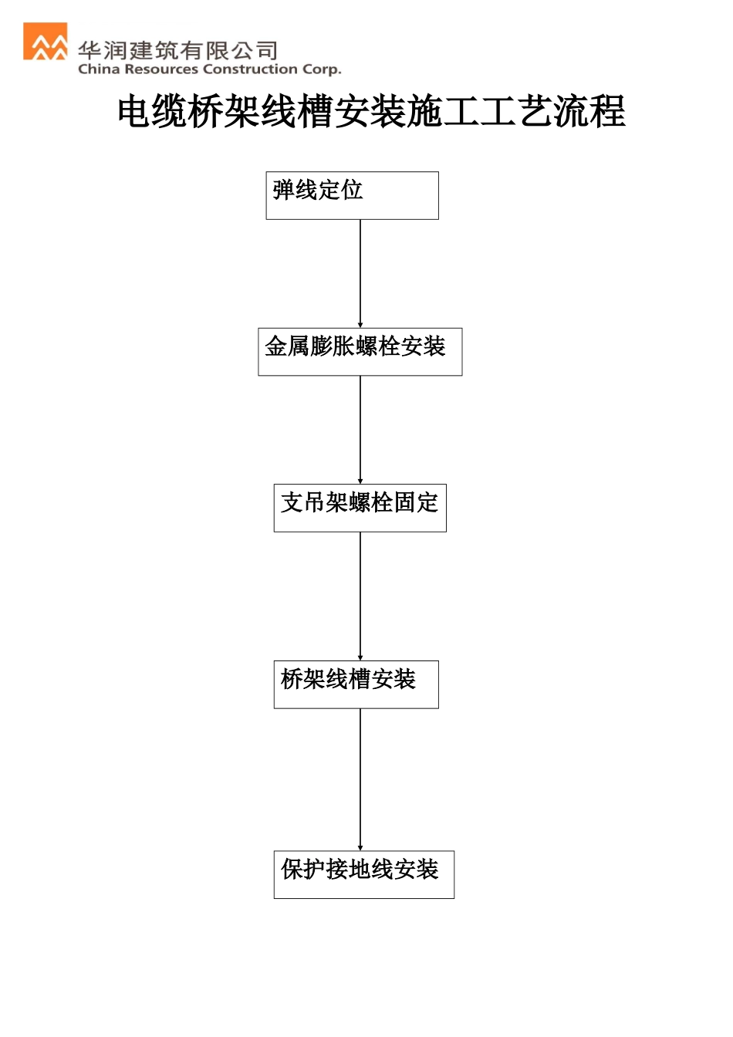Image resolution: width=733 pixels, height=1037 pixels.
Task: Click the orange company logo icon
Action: [46, 42]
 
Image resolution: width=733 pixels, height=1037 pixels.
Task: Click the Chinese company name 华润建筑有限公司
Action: [178, 51]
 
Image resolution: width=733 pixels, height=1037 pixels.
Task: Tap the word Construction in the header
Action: [250, 69]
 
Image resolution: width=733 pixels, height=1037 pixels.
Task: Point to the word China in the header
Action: [99, 69]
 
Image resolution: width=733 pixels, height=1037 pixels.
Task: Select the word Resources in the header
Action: [161, 69]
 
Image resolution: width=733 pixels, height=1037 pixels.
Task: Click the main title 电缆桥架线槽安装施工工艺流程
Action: [371, 111]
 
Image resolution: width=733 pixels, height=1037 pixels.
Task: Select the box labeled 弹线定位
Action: [352, 195]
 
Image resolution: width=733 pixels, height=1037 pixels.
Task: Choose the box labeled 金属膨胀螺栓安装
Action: [360, 352]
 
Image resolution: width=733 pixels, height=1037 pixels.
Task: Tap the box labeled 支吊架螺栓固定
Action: [360, 508]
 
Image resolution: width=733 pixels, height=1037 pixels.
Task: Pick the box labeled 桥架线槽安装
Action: [356, 684]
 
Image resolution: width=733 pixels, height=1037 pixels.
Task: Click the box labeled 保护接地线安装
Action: [363, 874]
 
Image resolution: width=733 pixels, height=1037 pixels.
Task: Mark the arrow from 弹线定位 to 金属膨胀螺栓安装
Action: [360, 273]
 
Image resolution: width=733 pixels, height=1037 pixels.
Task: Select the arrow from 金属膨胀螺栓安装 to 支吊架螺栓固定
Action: [360, 429]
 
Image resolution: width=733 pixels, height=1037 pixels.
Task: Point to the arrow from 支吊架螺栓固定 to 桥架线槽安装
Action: [360, 596]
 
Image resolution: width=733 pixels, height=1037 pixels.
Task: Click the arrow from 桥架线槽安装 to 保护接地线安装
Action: [360, 779]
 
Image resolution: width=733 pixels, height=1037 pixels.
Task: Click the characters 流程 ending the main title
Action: [590, 111]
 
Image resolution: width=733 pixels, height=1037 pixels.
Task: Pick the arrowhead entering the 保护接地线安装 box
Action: [360, 847]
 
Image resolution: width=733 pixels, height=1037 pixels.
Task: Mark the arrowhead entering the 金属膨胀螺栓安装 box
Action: [360, 325]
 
